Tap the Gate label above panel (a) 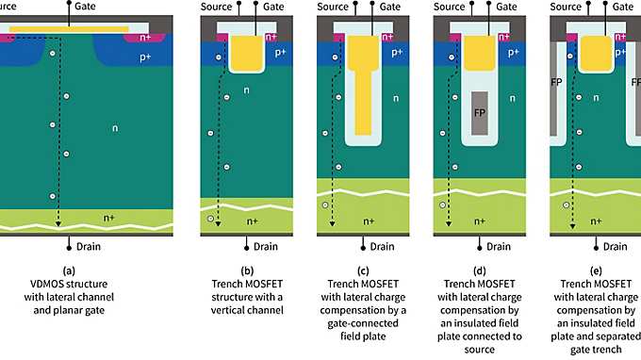87,7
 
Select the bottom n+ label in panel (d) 480,221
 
